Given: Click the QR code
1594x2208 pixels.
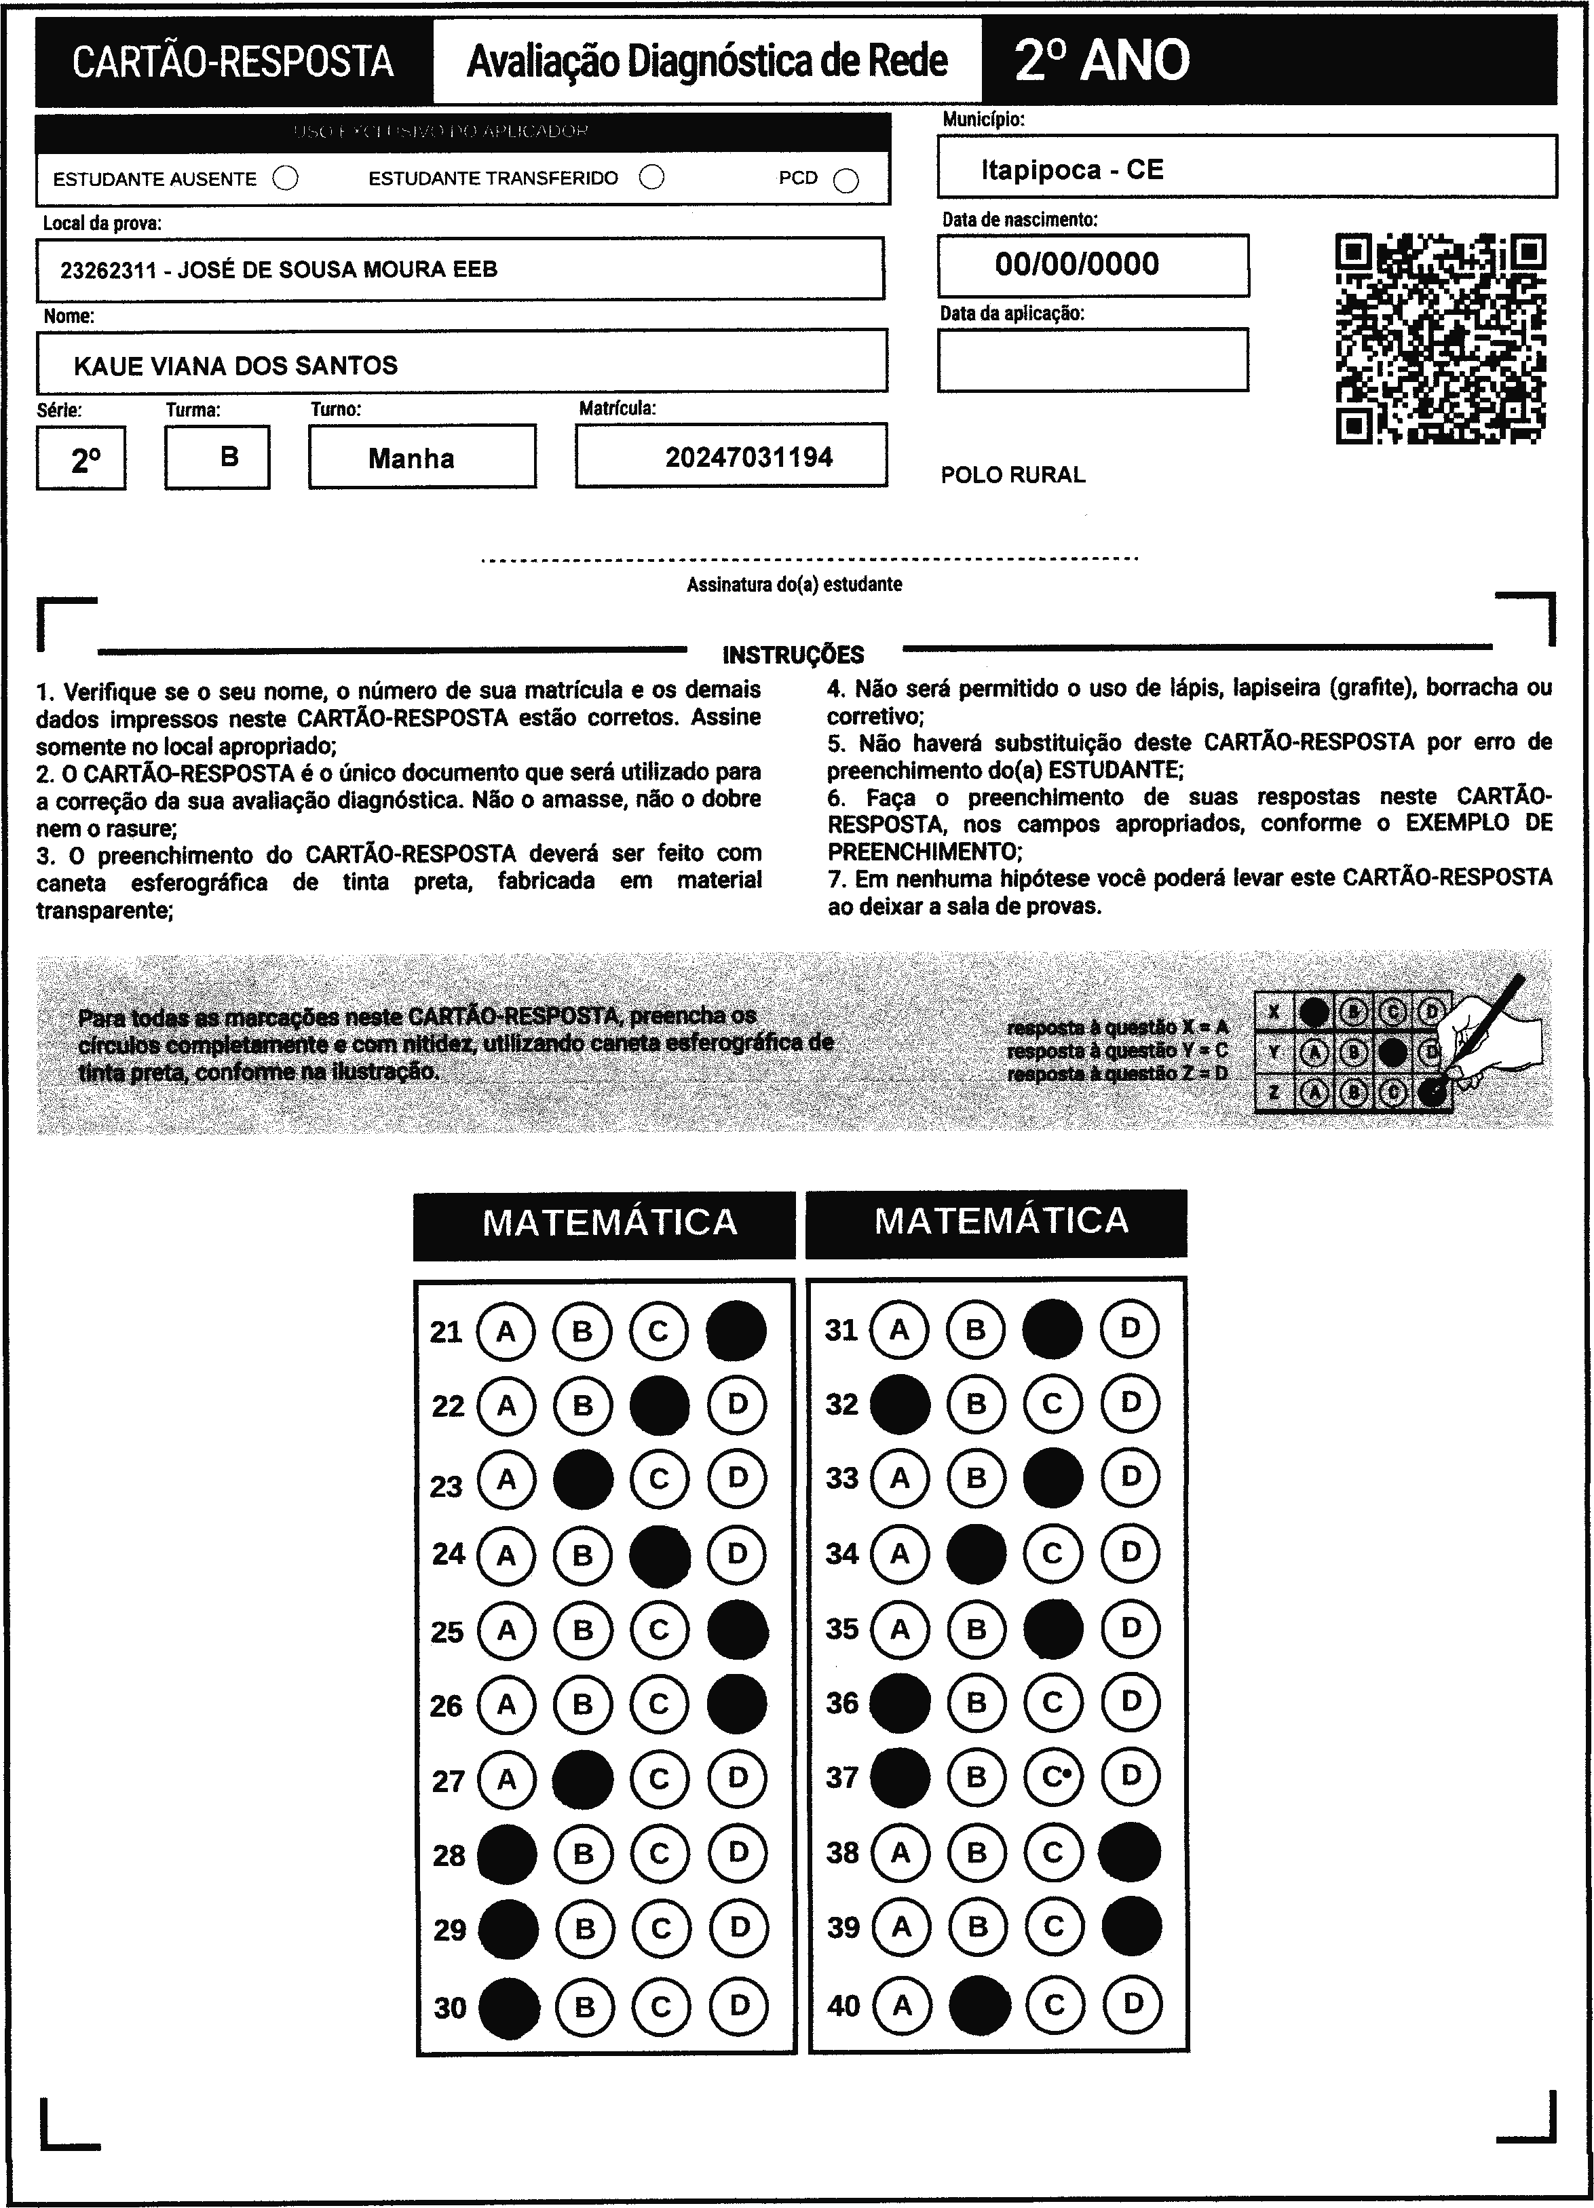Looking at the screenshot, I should (x=1440, y=339).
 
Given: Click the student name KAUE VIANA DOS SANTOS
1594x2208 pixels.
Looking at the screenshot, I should (x=235, y=366).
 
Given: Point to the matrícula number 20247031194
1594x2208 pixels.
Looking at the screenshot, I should (x=748, y=457).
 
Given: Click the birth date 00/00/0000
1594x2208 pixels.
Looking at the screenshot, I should (x=1077, y=265).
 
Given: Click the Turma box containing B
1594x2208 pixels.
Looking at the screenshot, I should (x=217, y=457).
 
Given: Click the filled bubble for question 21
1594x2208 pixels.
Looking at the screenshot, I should (x=736, y=1330).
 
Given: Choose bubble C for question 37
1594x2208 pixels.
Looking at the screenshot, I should (x=1052, y=1776).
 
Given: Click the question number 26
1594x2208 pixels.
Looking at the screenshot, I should (x=447, y=1706).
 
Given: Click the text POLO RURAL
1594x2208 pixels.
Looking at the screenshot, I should (x=1012, y=475).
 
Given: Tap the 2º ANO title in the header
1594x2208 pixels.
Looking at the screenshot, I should (x=1102, y=60).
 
